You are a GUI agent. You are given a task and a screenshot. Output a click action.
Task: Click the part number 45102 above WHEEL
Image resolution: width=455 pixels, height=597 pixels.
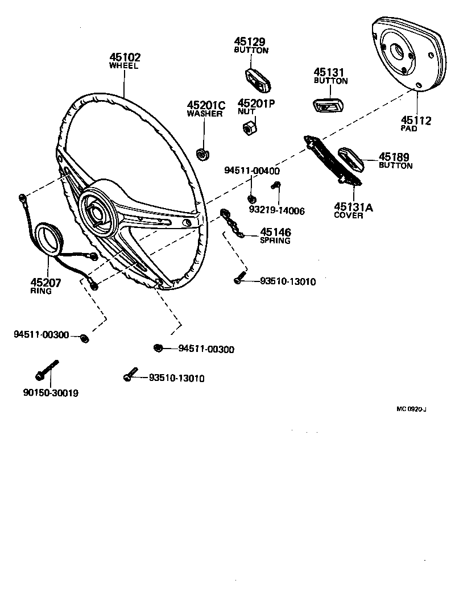click(x=125, y=57)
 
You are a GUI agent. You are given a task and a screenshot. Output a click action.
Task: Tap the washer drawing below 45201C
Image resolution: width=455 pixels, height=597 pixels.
click(x=201, y=153)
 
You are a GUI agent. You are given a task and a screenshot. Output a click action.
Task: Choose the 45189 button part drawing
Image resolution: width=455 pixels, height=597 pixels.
click(x=353, y=159)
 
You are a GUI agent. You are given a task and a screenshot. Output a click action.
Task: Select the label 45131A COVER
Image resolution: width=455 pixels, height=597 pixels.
click(x=354, y=211)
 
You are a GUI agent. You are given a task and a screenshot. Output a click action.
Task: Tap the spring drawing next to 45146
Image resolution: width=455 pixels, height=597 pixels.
click(x=233, y=225)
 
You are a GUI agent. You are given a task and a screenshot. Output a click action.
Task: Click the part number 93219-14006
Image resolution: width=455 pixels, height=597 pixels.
click(x=277, y=210)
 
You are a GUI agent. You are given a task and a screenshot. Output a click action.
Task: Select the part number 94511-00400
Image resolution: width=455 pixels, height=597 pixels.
click(x=251, y=171)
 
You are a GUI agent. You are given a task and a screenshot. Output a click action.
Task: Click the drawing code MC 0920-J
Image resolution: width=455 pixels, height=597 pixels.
click(x=412, y=409)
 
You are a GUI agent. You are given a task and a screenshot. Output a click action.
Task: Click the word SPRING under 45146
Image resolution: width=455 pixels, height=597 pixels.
click(x=275, y=241)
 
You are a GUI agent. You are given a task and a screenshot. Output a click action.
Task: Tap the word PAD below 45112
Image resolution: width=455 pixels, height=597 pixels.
click(x=408, y=129)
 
